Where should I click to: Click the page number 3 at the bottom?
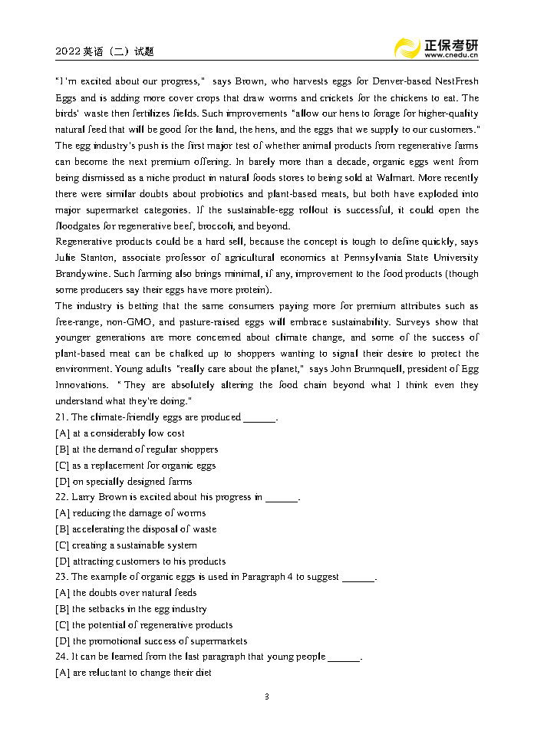pyautogui.click(x=266, y=696)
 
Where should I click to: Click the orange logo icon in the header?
pyautogui.click(x=406, y=48)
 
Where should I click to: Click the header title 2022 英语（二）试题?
pyautogui.click(x=104, y=51)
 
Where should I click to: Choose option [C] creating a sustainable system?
pyautogui.click(x=127, y=545)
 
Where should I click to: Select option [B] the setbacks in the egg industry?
pyautogui.click(x=131, y=609)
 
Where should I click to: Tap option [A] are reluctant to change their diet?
pyautogui.click(x=133, y=673)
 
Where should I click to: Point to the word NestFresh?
pyautogui.click(x=457, y=81)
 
